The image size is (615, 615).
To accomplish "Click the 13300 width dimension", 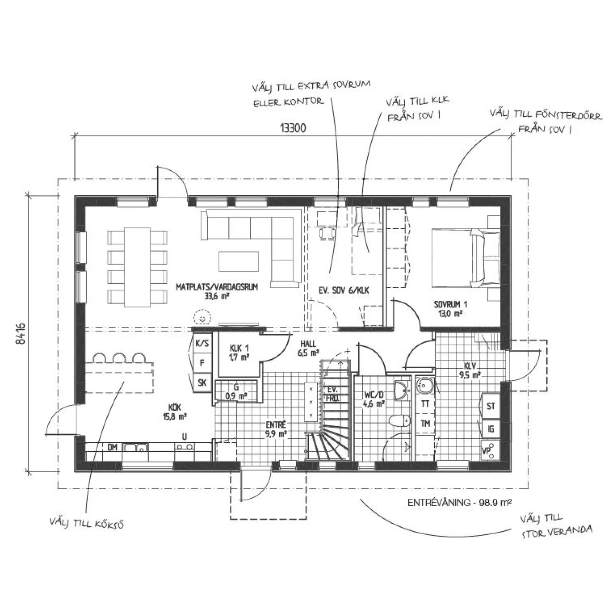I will (293, 128).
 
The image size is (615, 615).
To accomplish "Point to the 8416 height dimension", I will (20, 333).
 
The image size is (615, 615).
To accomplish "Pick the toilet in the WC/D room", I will (400, 420).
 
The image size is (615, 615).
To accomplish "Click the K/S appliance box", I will (202, 343).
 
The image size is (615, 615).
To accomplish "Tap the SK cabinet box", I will (202, 382).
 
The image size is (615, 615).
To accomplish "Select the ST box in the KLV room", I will (491, 406).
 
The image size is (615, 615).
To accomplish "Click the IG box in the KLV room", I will (491, 429).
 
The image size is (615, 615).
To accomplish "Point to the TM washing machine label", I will (425, 424).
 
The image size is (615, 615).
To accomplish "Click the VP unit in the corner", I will (490, 450).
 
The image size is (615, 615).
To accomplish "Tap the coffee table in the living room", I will (239, 261).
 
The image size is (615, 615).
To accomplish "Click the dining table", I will (137, 267).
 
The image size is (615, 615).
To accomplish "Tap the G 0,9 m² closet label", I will (236, 391).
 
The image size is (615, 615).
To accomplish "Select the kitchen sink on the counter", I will (135, 447).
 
